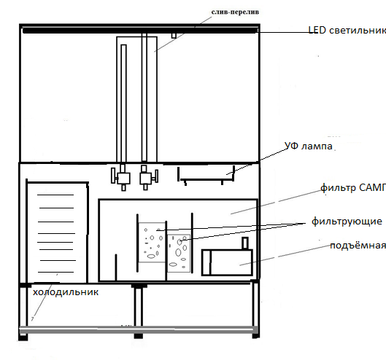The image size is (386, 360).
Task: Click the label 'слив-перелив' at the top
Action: click(235, 12)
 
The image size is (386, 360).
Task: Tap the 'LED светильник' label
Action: click(347, 31)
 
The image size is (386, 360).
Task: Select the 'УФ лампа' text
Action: click(309, 146)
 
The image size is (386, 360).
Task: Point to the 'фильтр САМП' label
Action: click(353, 188)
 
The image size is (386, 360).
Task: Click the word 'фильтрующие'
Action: click(347, 222)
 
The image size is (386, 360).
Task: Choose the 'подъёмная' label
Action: click(358, 246)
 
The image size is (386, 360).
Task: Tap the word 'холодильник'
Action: click(66, 292)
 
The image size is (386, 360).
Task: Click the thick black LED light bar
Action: click(140, 31)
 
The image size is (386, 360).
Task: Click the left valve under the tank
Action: click(121, 178)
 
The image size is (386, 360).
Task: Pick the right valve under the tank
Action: click(148, 177)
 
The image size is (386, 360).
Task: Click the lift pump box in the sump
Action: click(227, 262)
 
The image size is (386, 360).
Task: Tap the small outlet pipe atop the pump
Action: click(245, 243)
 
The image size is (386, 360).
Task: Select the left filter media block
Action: click(152, 243)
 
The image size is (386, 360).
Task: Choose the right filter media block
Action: click(179, 254)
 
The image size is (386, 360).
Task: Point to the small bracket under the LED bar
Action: click(174, 36)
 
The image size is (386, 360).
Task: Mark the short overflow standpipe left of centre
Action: click(123, 103)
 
